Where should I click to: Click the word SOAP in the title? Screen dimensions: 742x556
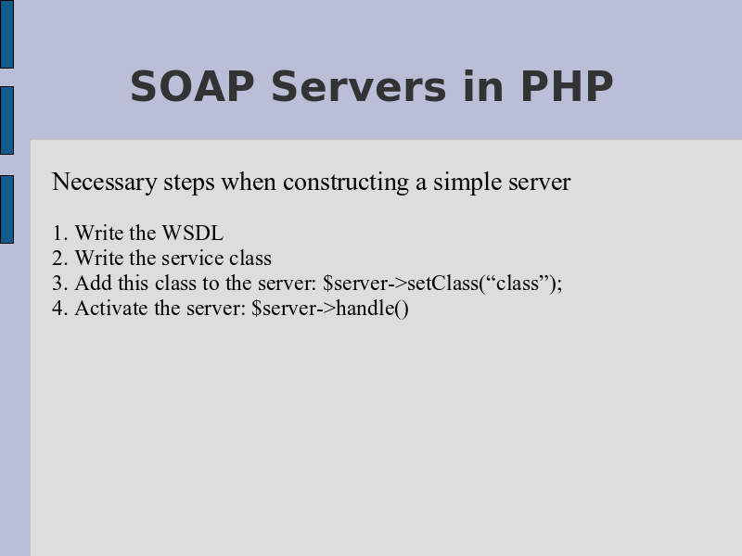click(x=192, y=86)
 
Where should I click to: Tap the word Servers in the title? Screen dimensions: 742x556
click(x=359, y=86)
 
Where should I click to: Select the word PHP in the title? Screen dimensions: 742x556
click(x=567, y=86)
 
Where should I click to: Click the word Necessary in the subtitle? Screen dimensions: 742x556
click(x=105, y=183)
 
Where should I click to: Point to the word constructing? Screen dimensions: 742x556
click(x=346, y=183)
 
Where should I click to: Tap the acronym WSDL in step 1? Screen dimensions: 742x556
click(x=193, y=234)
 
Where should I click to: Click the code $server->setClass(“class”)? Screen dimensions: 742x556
click(x=442, y=284)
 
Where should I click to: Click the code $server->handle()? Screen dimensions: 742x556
click(x=330, y=309)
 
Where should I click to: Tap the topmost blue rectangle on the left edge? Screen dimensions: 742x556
click(x=6, y=34)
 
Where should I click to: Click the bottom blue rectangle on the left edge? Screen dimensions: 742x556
click(x=6, y=209)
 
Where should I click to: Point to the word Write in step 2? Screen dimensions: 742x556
click(x=99, y=259)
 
